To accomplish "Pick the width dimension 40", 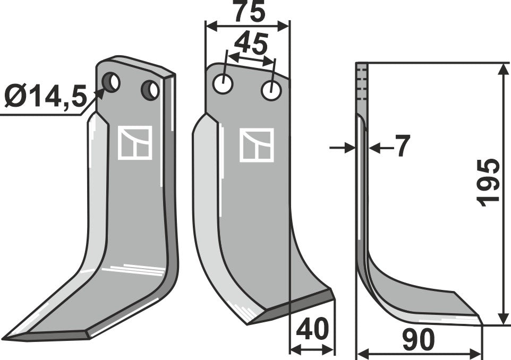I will tap(312, 331).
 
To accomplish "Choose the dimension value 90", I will tap(419, 339).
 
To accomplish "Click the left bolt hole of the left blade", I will tap(113, 82).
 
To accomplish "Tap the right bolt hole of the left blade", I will tap(150, 90).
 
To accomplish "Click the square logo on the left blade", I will tap(134, 142).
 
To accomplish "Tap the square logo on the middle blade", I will tap(257, 144).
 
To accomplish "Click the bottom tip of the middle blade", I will tap(248, 323).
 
